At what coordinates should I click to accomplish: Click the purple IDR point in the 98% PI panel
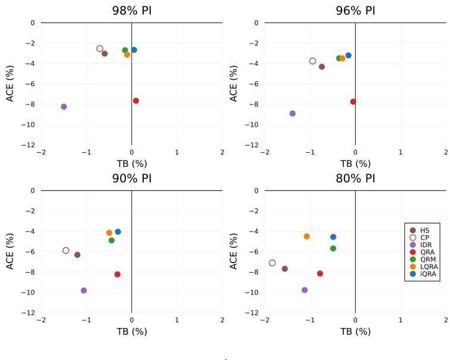[64, 107]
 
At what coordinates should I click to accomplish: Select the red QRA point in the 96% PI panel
[353, 102]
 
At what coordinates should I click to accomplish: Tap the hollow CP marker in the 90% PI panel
[66, 251]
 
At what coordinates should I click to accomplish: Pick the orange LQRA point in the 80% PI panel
[306, 236]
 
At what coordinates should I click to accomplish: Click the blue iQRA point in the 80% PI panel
[333, 237]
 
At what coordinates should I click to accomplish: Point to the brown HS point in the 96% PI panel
[322, 67]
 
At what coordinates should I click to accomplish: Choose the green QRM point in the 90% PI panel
[112, 241]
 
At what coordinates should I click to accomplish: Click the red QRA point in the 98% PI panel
[136, 101]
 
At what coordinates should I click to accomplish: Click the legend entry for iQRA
[428, 274]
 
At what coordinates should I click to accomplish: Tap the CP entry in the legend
[424, 238]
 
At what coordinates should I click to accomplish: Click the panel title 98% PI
[132, 11]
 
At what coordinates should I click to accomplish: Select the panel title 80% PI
[355, 178]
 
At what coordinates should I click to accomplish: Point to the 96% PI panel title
[355, 11]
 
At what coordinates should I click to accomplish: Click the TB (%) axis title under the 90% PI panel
[132, 331]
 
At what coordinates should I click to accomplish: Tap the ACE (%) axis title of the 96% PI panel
[234, 83]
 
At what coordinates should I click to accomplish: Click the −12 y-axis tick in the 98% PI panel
[29, 145]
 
